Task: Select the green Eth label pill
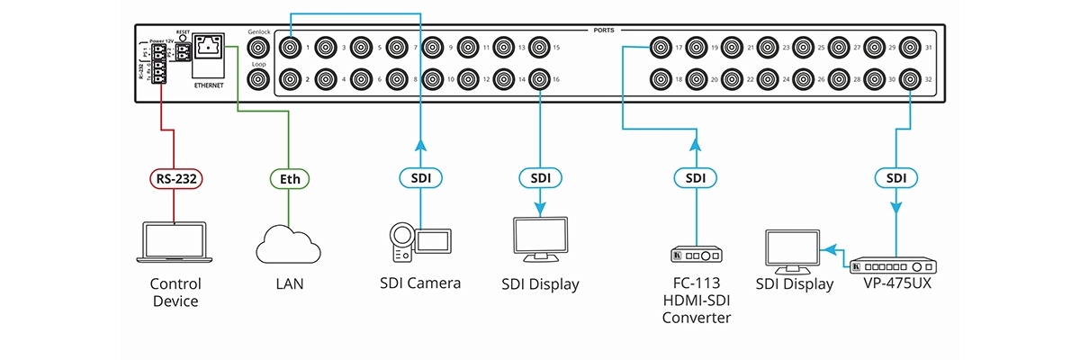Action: [x=288, y=178]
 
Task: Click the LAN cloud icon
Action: [x=289, y=244]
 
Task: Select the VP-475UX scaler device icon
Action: [x=895, y=266]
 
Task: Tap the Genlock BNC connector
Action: [x=259, y=48]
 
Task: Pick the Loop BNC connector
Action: [x=259, y=78]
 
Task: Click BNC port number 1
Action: [x=291, y=47]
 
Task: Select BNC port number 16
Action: [x=539, y=79]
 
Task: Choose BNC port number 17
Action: [x=661, y=47]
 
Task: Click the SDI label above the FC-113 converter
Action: [x=696, y=178]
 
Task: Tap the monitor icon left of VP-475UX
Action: [x=791, y=251]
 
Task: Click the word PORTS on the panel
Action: [x=604, y=30]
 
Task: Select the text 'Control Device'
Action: [x=175, y=292]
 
